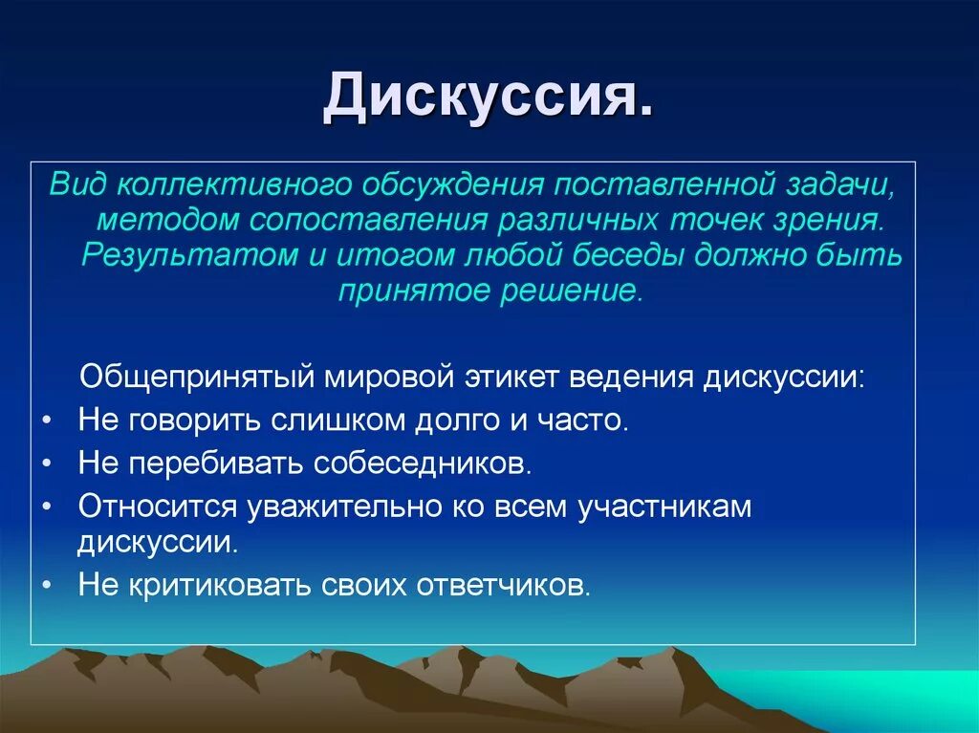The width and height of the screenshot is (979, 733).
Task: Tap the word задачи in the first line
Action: (840, 185)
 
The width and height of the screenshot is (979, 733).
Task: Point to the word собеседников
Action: (423, 464)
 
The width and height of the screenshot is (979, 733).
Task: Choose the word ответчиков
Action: (503, 586)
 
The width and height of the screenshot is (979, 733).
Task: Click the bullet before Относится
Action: (48, 506)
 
